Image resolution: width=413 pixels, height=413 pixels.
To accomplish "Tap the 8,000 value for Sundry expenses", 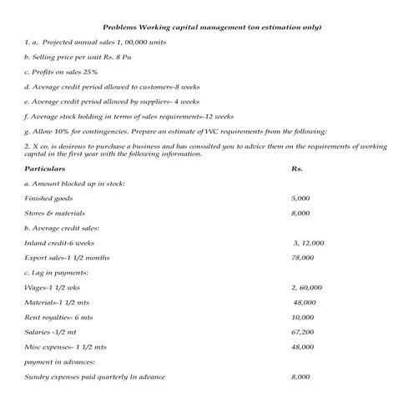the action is click(301, 377).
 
